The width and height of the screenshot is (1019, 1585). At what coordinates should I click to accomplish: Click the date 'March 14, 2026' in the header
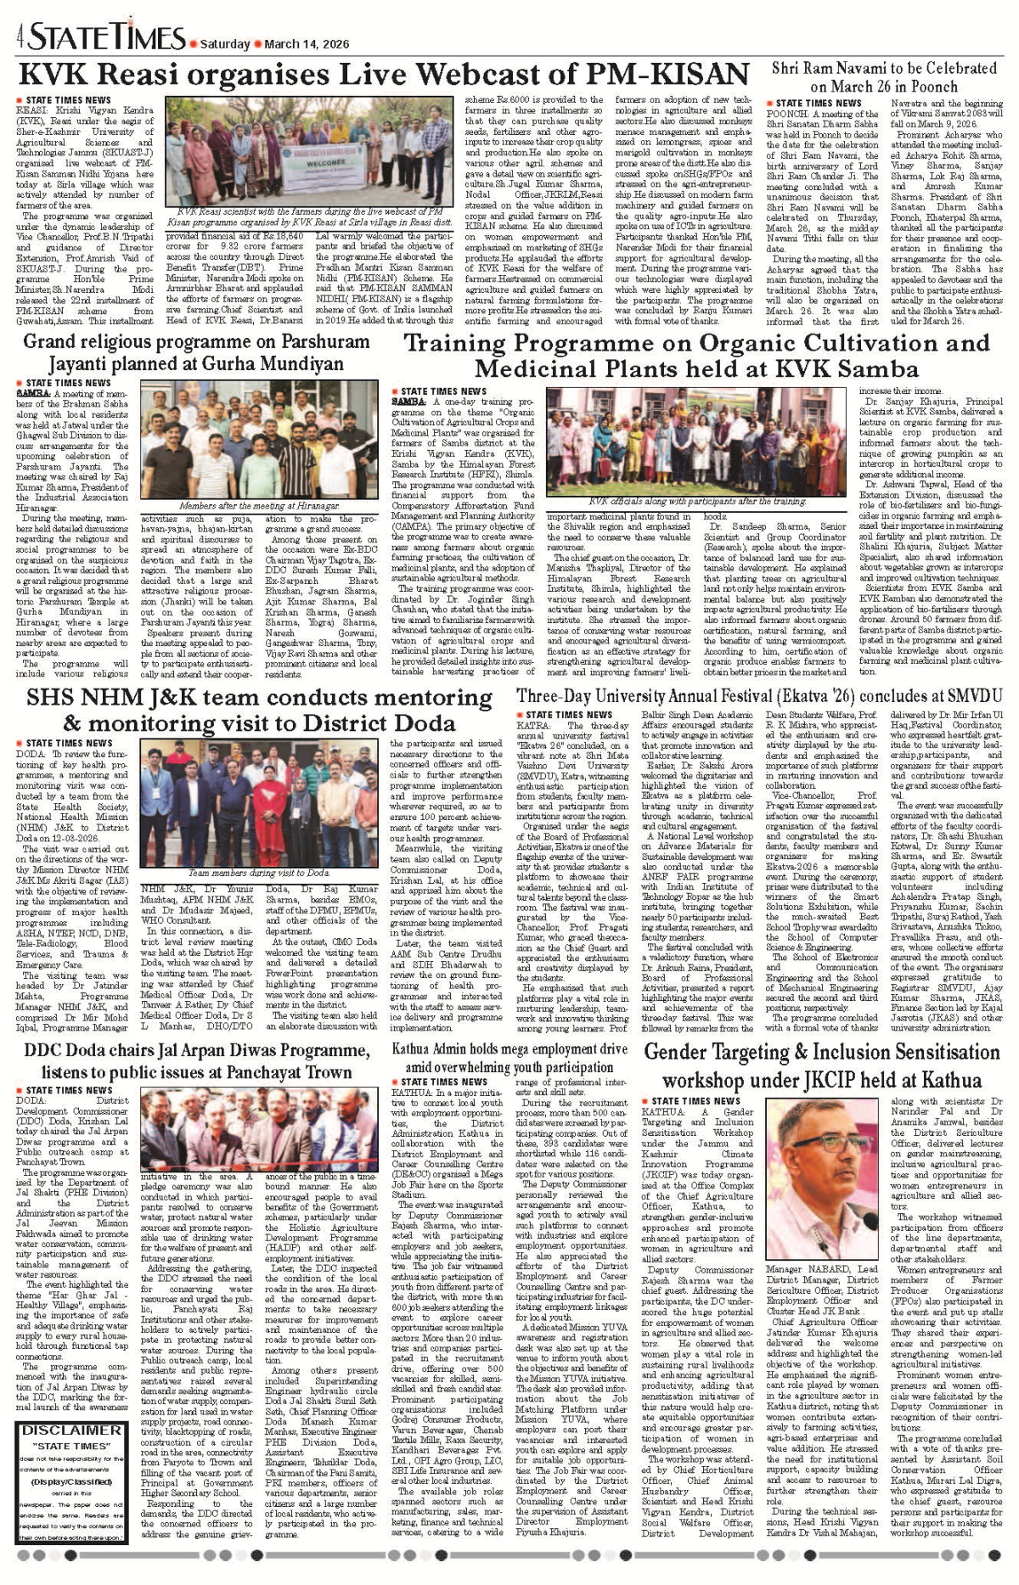point(307,42)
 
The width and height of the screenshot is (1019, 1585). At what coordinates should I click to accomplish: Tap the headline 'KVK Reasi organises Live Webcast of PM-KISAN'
point(384,75)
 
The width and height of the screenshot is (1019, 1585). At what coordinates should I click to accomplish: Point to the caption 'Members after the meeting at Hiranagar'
point(259,506)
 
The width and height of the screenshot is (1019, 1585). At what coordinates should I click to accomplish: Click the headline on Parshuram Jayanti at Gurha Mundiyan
point(195,353)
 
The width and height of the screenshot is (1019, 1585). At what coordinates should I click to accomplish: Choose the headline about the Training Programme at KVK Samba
point(696,356)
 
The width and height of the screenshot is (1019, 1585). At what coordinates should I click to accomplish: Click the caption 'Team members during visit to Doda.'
point(259,873)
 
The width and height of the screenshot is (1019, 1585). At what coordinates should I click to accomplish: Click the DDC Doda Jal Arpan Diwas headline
point(195,1059)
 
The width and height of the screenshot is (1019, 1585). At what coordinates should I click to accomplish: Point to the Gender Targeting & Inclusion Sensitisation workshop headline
point(822,1065)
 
